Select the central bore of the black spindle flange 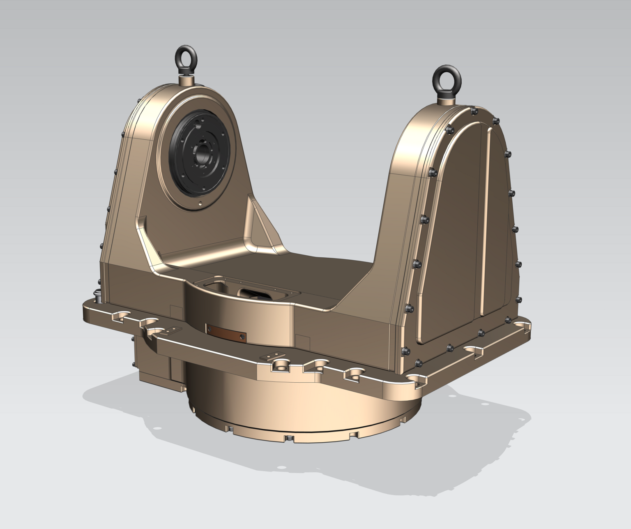pyautogui.click(x=202, y=154)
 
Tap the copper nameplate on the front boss pyautogui.click(x=226, y=332)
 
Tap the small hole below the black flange pyautogui.click(x=200, y=203)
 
